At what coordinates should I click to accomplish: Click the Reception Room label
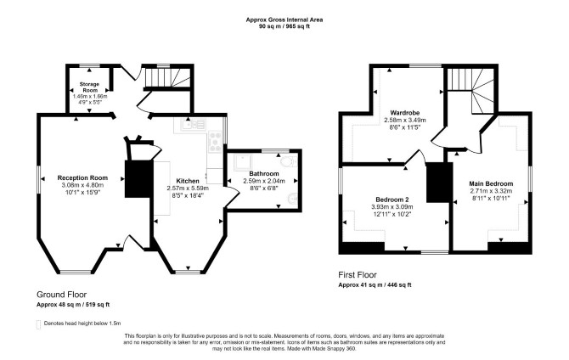click(82, 177)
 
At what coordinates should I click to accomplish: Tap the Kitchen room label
click(188, 181)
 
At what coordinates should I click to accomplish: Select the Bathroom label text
click(264, 173)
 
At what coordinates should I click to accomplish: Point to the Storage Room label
click(90, 87)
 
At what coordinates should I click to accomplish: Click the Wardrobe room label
click(405, 112)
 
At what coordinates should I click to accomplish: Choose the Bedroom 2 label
click(392, 200)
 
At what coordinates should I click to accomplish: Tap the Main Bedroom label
click(491, 183)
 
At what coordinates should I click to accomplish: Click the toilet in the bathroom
click(290, 162)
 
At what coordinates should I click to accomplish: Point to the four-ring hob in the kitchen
click(215, 142)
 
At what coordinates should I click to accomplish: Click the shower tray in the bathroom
click(241, 162)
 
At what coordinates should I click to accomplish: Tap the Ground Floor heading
click(62, 295)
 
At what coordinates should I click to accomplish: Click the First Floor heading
click(358, 275)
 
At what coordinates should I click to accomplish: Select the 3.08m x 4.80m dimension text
click(82, 185)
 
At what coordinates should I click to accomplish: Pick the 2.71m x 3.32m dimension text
click(491, 191)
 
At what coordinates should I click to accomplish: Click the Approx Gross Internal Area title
click(284, 20)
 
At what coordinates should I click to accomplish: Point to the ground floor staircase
click(167, 77)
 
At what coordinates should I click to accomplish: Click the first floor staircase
click(470, 90)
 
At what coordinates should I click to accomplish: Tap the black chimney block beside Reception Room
click(138, 179)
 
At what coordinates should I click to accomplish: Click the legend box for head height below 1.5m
click(38, 324)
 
